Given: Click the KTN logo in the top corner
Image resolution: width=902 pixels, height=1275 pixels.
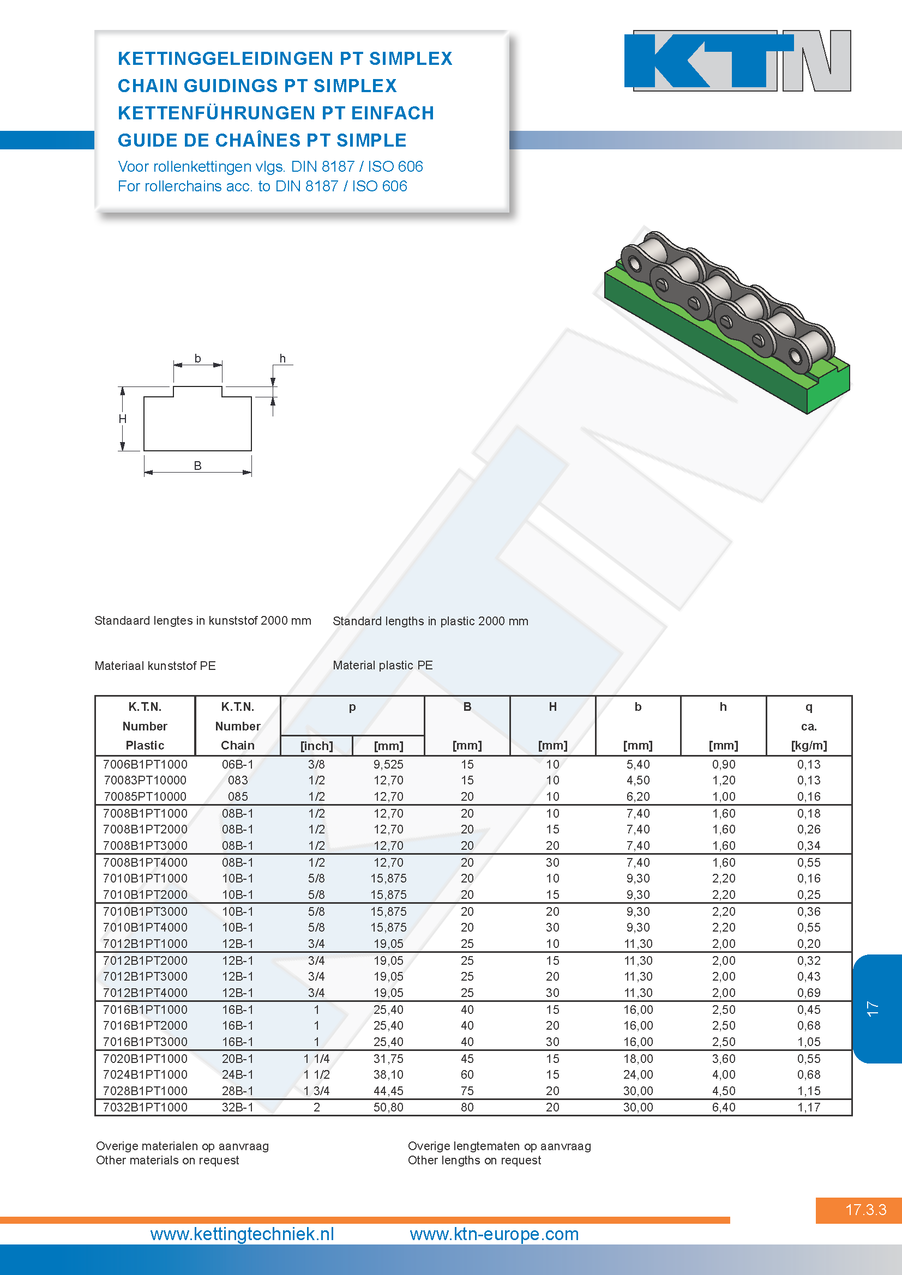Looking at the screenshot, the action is pos(738,61).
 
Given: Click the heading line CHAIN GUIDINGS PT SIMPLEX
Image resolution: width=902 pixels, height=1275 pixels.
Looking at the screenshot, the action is pos(257,86).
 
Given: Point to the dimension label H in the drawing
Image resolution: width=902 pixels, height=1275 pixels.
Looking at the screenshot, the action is pos(123,419).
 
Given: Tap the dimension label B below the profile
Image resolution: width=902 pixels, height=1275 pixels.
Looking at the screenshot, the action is pos(198,466).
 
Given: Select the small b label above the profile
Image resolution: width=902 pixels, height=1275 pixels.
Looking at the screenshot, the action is pos(198,358).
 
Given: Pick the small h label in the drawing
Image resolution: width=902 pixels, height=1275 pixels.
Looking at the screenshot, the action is pos(282,358).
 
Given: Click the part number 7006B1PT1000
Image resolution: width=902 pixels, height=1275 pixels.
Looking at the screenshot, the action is pos(145,764).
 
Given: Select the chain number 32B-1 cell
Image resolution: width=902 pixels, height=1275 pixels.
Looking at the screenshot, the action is pos(238,1107).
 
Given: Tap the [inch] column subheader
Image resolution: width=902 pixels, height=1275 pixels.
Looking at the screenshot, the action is pos(317,746).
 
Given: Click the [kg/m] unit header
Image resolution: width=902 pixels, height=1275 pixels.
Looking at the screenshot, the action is pos(809,746).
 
